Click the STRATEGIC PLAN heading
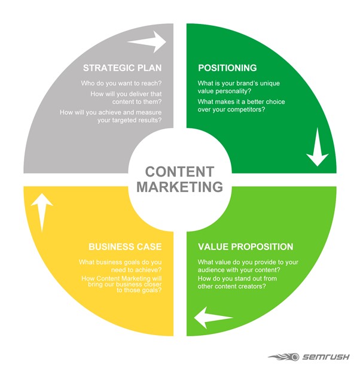coord(124,67)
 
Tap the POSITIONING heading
coord(227,68)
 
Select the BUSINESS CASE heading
coord(125,247)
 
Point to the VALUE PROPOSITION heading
coord(245,247)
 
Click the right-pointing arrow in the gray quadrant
coord(147,42)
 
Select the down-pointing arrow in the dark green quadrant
coord(317,153)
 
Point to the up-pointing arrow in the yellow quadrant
coord(41,213)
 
